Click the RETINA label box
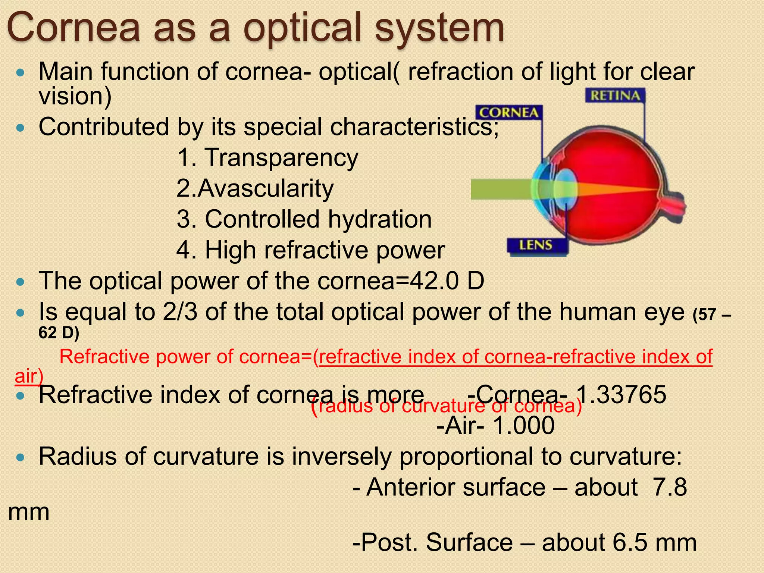point(615,96)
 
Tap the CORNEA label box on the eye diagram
point(508,113)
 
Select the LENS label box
point(536,245)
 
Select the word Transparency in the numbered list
point(281,157)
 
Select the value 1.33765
point(621,394)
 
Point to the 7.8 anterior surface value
point(670,487)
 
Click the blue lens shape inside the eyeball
point(565,189)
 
